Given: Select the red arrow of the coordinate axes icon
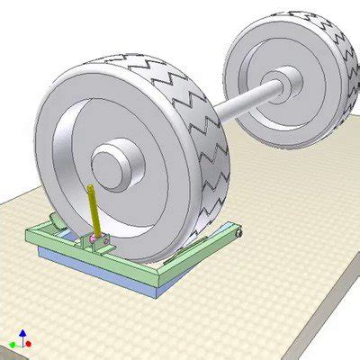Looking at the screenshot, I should point(31,344).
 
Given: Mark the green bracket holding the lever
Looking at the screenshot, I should point(101,241).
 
